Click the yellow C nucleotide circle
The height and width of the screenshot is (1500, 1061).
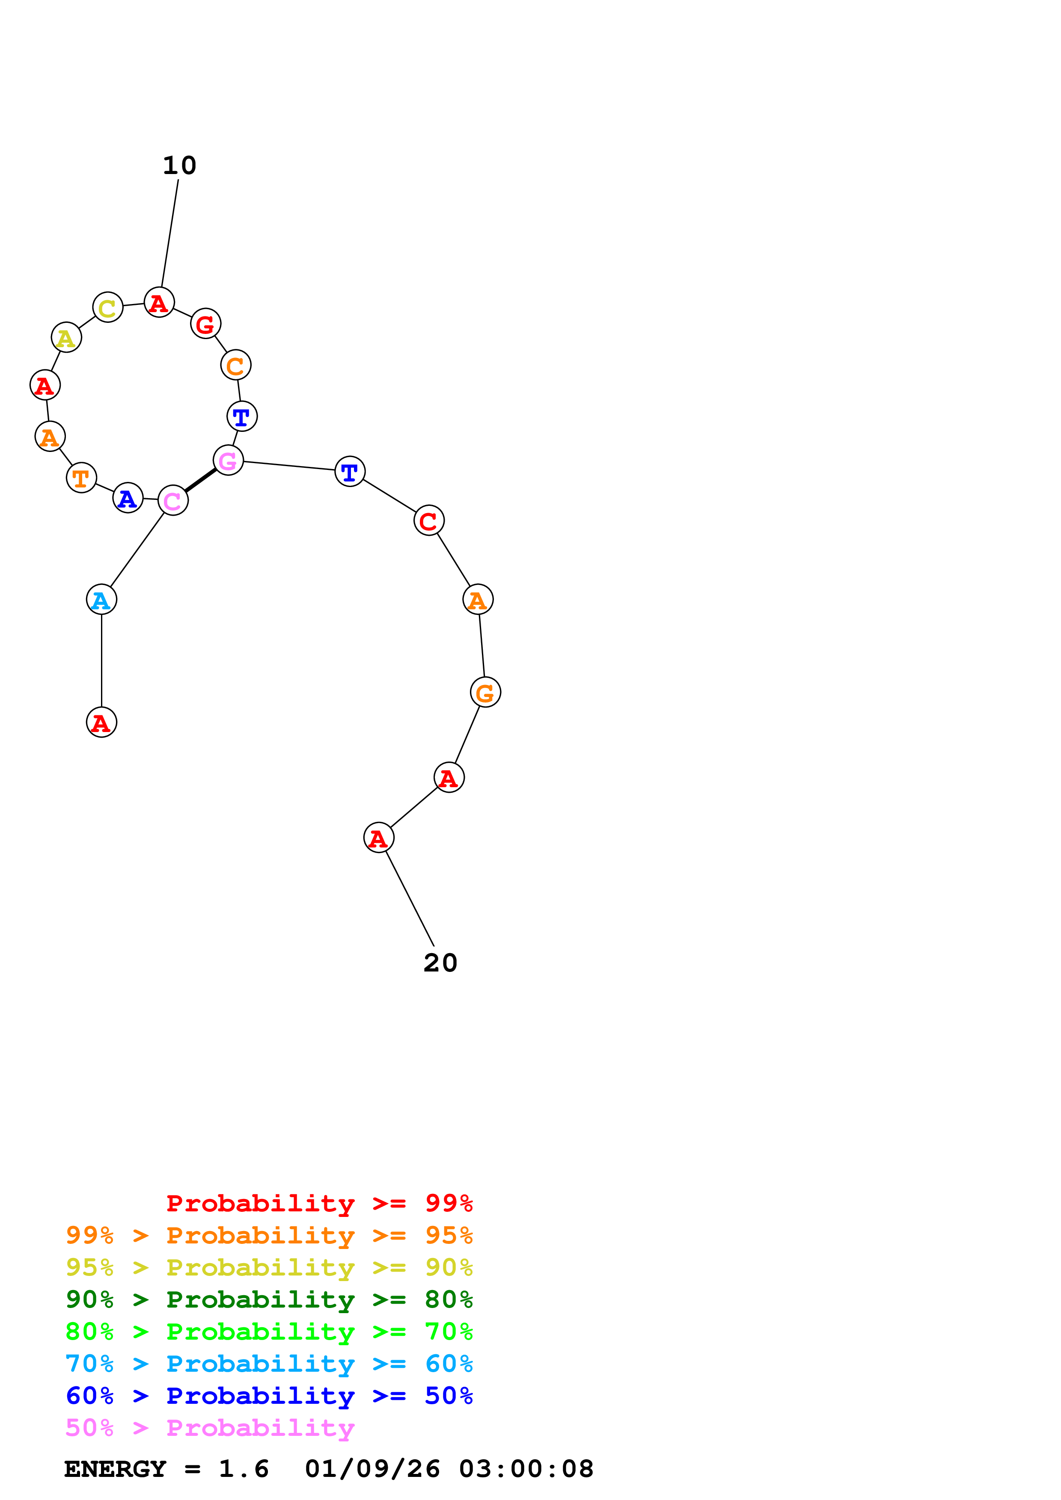[108, 307]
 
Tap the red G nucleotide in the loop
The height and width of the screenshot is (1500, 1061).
[206, 323]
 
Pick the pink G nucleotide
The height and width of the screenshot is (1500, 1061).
[228, 461]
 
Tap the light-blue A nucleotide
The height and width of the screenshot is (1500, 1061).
[101, 599]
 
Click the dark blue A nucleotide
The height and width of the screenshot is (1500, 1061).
[128, 498]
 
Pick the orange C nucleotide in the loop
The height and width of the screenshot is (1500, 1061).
[236, 365]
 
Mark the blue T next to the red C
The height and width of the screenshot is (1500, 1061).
[350, 471]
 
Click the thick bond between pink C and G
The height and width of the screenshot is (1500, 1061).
[200, 480]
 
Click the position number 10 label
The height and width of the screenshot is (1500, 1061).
[180, 166]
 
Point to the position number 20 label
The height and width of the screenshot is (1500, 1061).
[440, 963]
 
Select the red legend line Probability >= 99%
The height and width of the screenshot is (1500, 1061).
[319, 1203]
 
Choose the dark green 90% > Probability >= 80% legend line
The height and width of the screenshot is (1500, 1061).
[269, 1299]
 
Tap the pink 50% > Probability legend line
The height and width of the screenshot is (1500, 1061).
[210, 1427]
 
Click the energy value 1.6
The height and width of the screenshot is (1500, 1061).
[243, 1469]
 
